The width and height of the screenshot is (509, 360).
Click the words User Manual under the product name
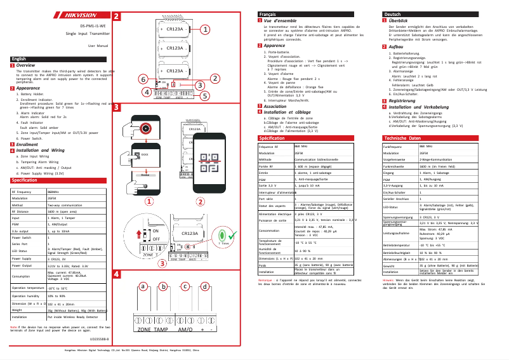[x=98, y=46]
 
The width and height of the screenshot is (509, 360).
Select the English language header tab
[x=18, y=59]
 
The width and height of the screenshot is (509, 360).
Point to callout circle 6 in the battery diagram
[x=144, y=79]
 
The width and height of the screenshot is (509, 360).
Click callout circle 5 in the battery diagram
[x=205, y=96]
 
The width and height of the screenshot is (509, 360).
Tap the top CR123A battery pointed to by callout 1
[x=175, y=29]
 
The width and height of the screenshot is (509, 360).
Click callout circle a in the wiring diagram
[x=144, y=286]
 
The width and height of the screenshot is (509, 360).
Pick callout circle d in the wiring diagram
[x=206, y=286]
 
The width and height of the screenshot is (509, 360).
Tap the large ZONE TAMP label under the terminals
[x=153, y=331]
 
